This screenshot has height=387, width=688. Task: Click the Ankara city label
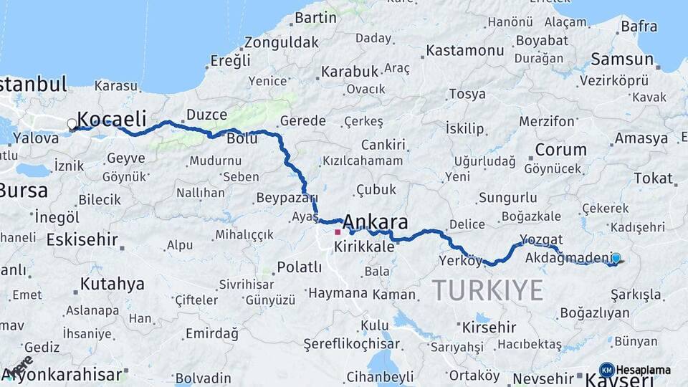click(x=376, y=221)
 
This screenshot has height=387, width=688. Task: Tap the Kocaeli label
click(x=111, y=119)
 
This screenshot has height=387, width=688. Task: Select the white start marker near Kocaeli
click(x=72, y=125)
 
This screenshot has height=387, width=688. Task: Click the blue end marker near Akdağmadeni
click(x=616, y=259)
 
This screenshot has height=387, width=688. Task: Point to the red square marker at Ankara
click(x=338, y=231)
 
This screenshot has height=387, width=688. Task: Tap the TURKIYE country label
click(x=487, y=290)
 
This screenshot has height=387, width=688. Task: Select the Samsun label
click(x=622, y=60)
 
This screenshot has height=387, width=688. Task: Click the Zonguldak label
click(x=281, y=42)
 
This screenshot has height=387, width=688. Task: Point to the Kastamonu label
click(x=465, y=51)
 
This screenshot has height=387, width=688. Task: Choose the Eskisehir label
click(x=82, y=240)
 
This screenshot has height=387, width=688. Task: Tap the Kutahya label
click(x=112, y=284)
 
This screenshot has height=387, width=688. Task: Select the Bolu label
click(x=242, y=138)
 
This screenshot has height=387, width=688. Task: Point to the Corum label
click(x=560, y=150)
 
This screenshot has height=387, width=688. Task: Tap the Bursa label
click(x=24, y=191)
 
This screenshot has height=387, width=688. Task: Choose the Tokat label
click(x=653, y=178)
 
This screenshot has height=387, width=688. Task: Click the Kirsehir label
click(x=489, y=328)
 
